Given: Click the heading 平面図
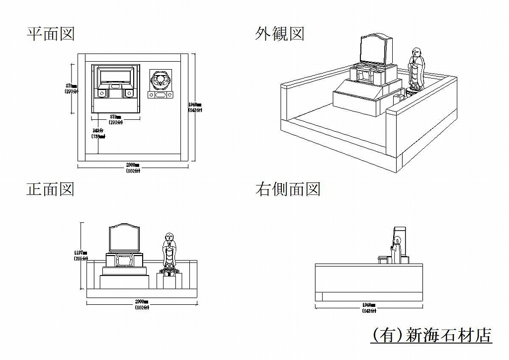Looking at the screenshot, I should coord(51,34).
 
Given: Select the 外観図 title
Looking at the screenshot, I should coord(279,34).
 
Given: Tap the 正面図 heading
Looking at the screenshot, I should coord(51,189).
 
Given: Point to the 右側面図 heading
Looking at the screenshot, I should coord(288,189).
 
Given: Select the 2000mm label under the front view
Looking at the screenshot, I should coord(142,302).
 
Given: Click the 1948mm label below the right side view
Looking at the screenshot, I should coord(369,305).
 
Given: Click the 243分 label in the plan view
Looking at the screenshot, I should coord(97,130).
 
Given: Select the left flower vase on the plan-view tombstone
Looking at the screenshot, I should coord(102,93).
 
